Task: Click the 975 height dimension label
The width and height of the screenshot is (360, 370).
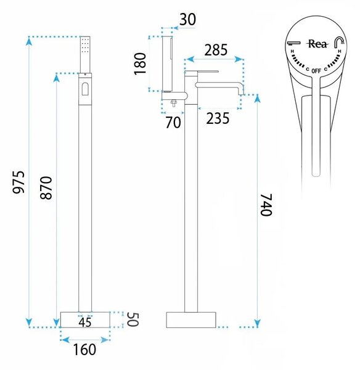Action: pyautogui.click(x=18, y=182)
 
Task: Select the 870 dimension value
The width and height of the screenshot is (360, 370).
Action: pyautogui.click(x=46, y=187)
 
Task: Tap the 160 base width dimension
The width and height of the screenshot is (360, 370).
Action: pyautogui.click(x=84, y=350)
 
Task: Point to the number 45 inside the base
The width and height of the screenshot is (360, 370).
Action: pyautogui.click(x=85, y=323)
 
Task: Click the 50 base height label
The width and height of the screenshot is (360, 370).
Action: pyautogui.click(x=133, y=319)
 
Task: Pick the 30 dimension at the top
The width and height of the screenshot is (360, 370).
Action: pyautogui.click(x=188, y=19)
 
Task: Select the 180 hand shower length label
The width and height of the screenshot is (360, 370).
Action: pyautogui.click(x=140, y=64)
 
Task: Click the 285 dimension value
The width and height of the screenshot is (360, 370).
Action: pyautogui.click(x=216, y=50)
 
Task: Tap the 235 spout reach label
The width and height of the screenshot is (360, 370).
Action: pyautogui.click(x=218, y=118)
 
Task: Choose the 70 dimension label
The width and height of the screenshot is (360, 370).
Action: pyautogui.click(x=173, y=123)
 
